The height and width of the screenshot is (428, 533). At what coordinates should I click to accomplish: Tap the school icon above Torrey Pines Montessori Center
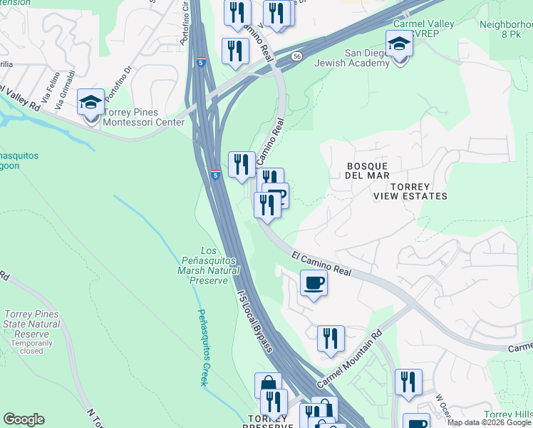tap(91, 103)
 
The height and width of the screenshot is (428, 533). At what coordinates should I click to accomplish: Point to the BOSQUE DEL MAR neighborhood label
tap(368, 170)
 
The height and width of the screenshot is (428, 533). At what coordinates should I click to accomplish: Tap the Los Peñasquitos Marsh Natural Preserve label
tap(208, 265)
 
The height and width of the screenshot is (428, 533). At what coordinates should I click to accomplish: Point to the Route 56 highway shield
tap(296, 55)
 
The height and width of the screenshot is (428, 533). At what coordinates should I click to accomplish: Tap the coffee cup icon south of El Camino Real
tap(314, 284)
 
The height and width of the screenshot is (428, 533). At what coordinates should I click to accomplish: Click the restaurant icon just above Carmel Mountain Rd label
tap(331, 338)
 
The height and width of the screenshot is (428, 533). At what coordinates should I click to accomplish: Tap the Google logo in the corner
tap(24, 419)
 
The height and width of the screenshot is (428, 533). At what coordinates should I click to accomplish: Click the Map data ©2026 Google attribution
tap(488, 422)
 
